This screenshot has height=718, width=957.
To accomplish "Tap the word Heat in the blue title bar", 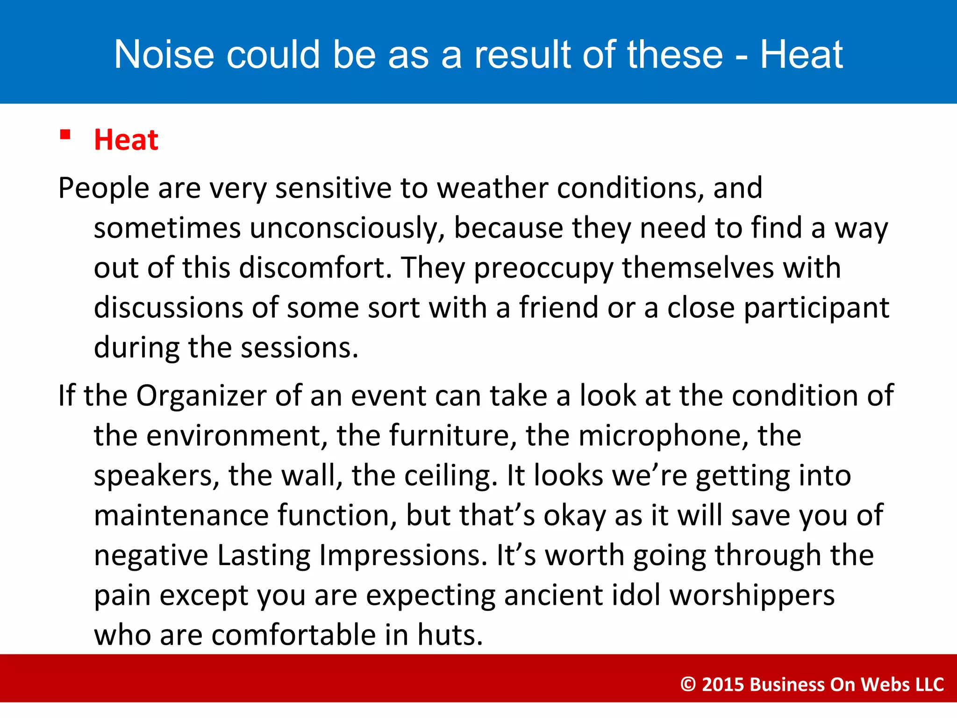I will [801, 55].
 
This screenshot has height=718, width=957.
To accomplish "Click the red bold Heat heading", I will [126, 140].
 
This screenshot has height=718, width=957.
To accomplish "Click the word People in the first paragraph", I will [103, 188].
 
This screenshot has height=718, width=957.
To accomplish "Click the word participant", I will [816, 309].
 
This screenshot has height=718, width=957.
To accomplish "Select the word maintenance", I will [181, 516].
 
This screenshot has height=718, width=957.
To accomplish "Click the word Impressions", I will [403, 555].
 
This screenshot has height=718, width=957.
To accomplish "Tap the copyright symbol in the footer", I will [688, 684].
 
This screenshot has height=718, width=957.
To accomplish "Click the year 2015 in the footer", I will [723, 684].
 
